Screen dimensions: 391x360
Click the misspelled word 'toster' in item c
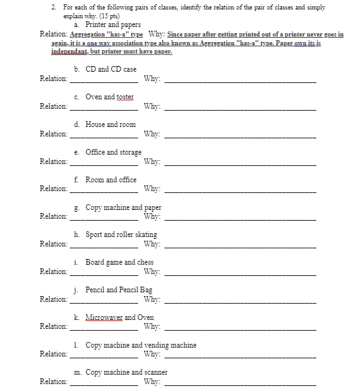(x=125, y=97)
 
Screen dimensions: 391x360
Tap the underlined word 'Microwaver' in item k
(x=104, y=317)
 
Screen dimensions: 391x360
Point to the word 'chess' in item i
(x=145, y=262)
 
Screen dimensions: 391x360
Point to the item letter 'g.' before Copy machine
(x=77, y=207)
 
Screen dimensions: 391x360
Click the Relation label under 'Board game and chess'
(x=53, y=272)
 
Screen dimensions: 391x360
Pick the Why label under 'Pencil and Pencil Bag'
(x=151, y=299)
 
